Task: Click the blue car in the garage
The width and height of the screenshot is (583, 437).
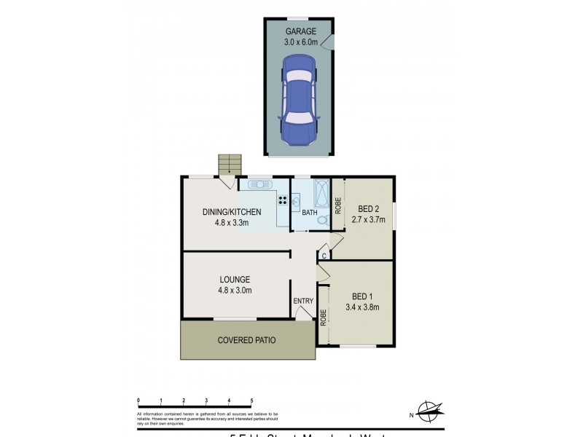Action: click(x=298, y=100)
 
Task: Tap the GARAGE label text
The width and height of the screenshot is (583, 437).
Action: click(x=300, y=32)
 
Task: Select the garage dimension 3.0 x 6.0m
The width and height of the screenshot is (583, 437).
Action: click(x=300, y=43)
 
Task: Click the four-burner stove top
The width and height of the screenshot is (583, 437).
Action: click(x=282, y=201)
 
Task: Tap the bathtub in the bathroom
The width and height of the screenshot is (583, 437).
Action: click(x=321, y=194)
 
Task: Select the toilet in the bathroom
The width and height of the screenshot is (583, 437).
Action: click(x=321, y=218)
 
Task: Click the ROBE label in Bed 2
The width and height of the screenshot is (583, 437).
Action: click(x=338, y=205)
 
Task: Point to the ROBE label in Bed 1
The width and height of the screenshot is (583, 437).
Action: click(x=323, y=317)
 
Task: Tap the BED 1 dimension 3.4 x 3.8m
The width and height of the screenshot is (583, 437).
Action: click(x=362, y=307)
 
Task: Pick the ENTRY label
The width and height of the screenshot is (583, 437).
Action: click(x=302, y=301)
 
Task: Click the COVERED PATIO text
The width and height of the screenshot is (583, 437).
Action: click(x=247, y=340)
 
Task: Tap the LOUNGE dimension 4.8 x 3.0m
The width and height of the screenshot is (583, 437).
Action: click(x=235, y=290)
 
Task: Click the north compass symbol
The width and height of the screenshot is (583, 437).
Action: click(x=429, y=412)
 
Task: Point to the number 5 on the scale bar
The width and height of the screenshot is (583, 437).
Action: click(x=251, y=400)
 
